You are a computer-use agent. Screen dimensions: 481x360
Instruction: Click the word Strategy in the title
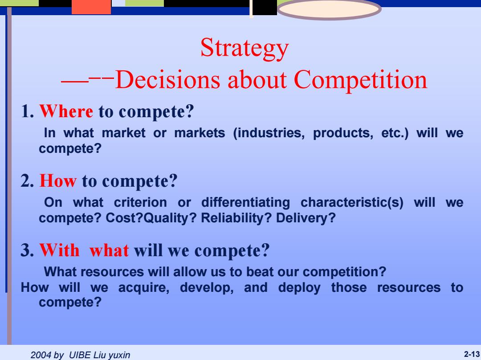(x=245, y=49)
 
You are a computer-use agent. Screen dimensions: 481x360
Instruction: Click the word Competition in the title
(x=360, y=80)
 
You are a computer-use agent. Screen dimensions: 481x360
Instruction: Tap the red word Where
(x=66, y=111)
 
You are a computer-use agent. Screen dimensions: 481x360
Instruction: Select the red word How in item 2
(x=57, y=180)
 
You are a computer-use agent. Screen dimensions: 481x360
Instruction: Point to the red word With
(x=59, y=250)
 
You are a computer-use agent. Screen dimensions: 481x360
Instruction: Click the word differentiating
(x=245, y=203)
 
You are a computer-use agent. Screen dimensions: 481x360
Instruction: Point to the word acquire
(x=143, y=288)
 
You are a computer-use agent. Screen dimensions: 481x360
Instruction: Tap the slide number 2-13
(x=472, y=355)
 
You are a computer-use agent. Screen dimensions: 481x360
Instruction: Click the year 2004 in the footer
(x=41, y=355)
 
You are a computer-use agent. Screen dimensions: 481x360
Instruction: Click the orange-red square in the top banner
(x=91, y=7)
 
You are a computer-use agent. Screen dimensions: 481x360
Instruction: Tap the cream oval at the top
(x=329, y=9)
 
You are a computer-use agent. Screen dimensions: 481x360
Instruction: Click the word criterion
(x=140, y=203)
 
